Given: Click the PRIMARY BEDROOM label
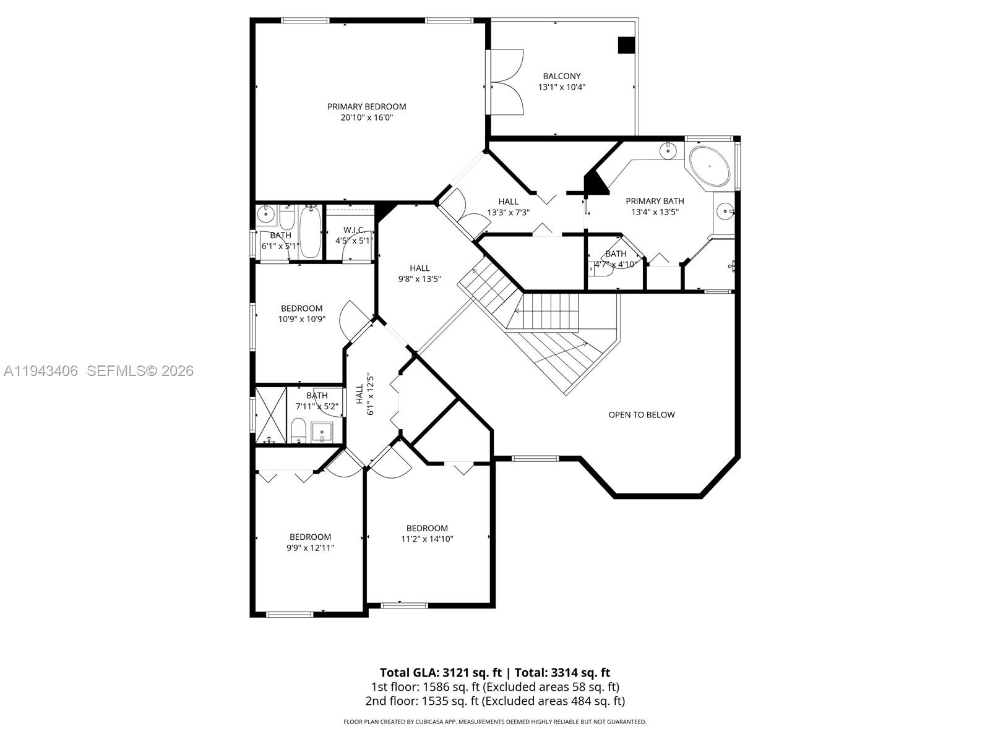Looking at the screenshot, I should point(366,106).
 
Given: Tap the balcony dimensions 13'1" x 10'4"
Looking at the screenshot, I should point(561,87).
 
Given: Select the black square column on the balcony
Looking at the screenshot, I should point(626,45).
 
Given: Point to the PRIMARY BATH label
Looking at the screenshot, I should point(655,201).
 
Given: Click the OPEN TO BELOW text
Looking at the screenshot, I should point(641,415).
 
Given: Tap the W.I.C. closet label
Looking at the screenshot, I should point(354,230).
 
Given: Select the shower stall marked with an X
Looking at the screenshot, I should point(272,414).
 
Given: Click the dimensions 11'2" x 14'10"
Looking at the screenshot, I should point(427,539).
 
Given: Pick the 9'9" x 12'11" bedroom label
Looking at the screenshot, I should point(310,547).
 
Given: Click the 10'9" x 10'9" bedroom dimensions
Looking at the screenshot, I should point(301,319).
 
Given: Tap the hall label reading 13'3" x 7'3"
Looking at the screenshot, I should point(508,212).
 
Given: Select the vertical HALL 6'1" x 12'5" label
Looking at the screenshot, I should point(364,394).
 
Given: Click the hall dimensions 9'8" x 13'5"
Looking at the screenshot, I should point(420,279).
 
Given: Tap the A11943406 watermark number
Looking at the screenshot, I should point(41,371).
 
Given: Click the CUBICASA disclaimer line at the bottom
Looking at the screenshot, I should point(494,722).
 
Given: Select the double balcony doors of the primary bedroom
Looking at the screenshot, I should point(506,82).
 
